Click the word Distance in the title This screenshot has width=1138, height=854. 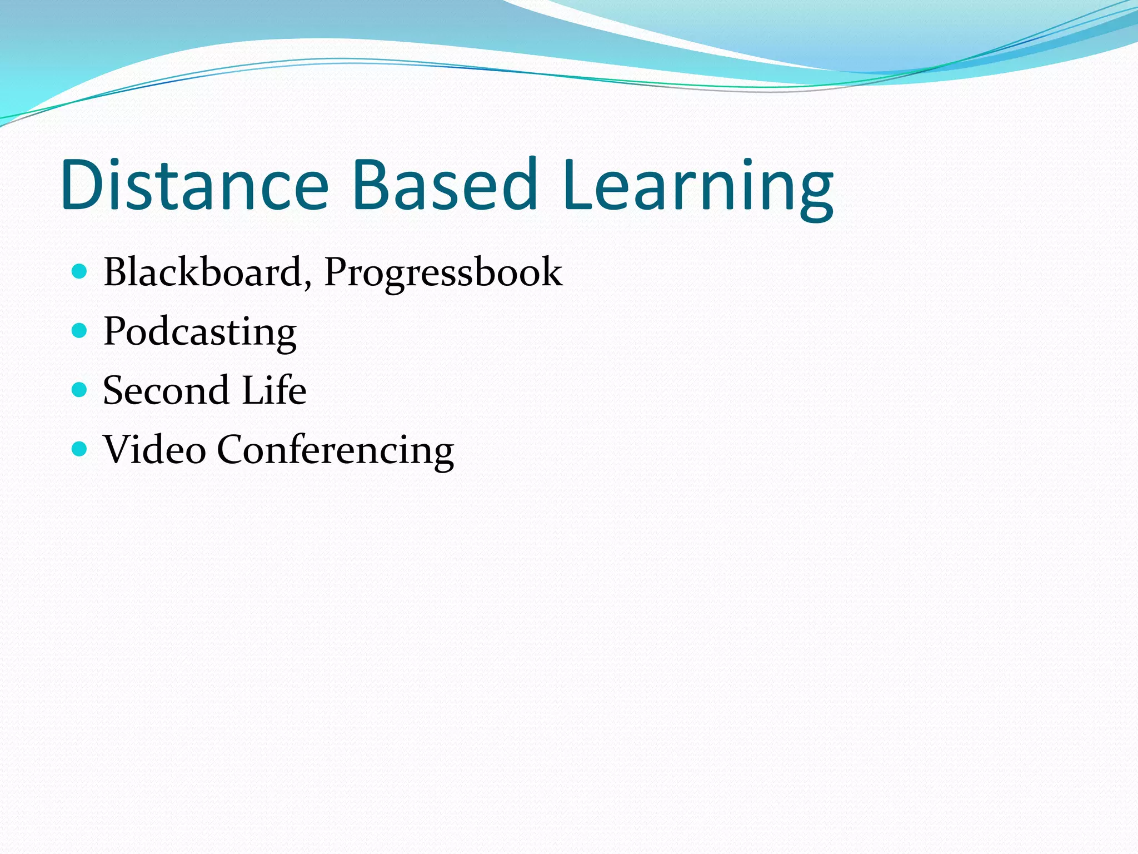[195, 185]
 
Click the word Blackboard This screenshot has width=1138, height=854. [203, 272]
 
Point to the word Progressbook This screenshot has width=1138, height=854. [443, 274]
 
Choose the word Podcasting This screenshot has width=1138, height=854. [200, 332]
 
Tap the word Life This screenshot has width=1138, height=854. [274, 390]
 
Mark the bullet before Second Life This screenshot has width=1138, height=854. [80, 390]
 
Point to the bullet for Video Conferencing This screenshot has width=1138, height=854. [80, 449]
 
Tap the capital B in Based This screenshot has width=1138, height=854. [371, 185]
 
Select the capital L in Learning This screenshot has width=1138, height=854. [578, 185]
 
